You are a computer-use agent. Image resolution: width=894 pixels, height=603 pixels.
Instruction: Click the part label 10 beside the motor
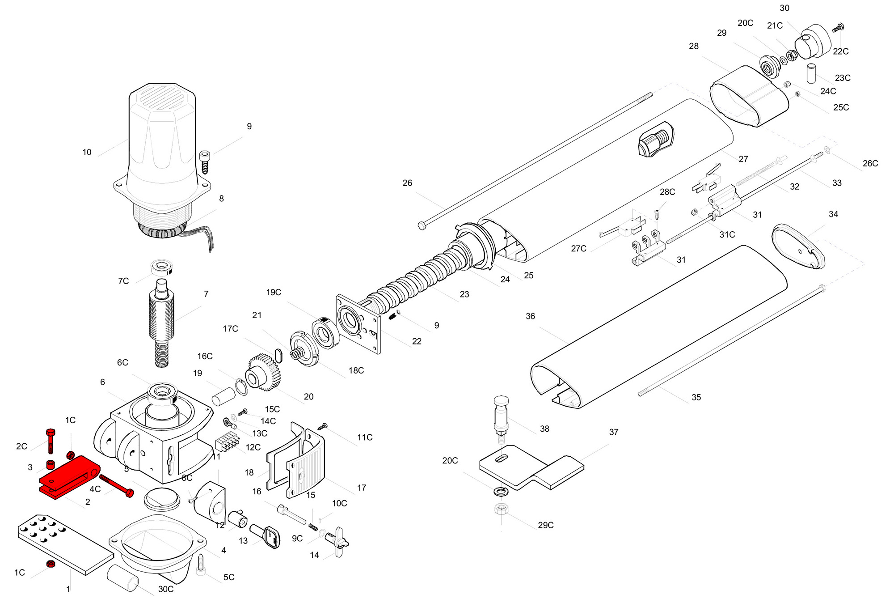coord(87,153)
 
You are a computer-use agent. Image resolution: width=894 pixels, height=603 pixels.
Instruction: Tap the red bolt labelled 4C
coord(116,486)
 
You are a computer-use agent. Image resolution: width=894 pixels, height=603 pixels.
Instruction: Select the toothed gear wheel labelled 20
coord(264,373)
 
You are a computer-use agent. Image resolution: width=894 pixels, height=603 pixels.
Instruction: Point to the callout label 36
coord(530,316)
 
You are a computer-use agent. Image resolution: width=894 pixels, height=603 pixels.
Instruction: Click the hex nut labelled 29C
coord(501,509)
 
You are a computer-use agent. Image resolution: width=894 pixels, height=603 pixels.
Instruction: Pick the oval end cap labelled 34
coord(798,246)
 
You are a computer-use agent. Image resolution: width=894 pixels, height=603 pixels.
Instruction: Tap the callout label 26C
coord(870,164)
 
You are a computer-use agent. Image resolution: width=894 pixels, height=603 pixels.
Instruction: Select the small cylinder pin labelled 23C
coord(811,73)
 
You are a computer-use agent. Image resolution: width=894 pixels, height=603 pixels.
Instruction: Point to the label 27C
coord(578,249)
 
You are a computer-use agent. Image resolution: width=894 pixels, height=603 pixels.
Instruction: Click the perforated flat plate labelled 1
coord(65,544)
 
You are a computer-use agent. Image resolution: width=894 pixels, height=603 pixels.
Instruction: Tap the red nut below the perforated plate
coord(51,564)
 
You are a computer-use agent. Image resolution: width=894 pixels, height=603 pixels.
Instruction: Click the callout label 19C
coord(274,293)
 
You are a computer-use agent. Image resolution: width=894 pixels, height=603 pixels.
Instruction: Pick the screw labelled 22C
coord(838,28)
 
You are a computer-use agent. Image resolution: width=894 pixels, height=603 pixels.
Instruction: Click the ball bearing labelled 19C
coord(326,333)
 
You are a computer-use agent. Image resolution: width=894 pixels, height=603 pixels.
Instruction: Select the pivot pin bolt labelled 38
coord(501,416)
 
